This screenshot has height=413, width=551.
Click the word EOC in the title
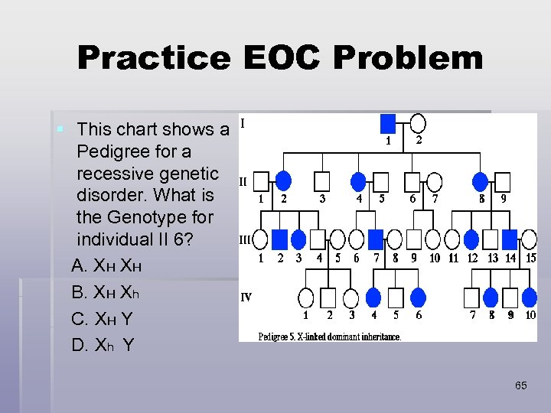(x=281, y=57)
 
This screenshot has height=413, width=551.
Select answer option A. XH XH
(x=106, y=265)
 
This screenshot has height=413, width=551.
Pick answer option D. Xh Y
(x=102, y=346)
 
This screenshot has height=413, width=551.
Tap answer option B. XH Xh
(x=106, y=292)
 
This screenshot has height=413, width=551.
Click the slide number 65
(x=520, y=385)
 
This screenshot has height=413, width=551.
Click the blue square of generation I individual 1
(x=388, y=123)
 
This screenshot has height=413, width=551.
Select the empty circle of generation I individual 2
(x=418, y=123)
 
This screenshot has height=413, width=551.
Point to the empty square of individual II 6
(x=412, y=181)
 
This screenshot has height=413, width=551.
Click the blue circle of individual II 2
(x=283, y=181)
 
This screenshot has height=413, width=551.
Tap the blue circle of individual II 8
(x=481, y=181)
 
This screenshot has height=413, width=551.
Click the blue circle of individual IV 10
(x=530, y=297)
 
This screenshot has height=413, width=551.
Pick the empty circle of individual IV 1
(x=306, y=297)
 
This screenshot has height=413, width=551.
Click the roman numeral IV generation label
(x=246, y=298)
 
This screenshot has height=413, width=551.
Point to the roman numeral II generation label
(x=243, y=182)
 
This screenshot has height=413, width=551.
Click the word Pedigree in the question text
(x=112, y=151)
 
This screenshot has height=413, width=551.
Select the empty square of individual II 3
(x=322, y=181)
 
